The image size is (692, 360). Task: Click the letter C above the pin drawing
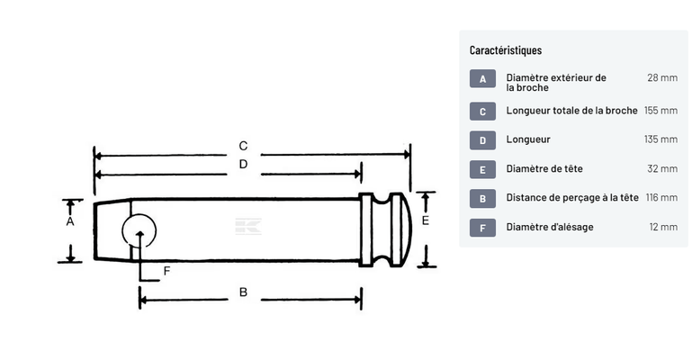243,146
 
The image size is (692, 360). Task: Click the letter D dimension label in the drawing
243,164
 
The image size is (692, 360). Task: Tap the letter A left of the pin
70,221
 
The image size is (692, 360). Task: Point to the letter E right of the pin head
426,220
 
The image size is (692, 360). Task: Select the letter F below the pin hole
166,271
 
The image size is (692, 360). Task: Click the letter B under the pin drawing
243,292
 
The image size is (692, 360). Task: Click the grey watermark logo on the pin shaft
248,226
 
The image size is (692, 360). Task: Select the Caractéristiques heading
506,50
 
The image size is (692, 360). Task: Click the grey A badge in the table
482,79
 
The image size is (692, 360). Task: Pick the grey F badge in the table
482,228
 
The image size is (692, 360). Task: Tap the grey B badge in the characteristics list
482,199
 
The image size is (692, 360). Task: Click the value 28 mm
662,77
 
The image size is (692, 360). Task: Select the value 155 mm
661,111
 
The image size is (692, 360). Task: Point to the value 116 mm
661,198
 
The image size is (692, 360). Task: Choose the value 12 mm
663,227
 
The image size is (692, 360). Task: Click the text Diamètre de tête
544,168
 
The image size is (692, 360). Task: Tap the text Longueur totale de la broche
571,111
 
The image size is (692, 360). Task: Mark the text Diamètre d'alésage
550,227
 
